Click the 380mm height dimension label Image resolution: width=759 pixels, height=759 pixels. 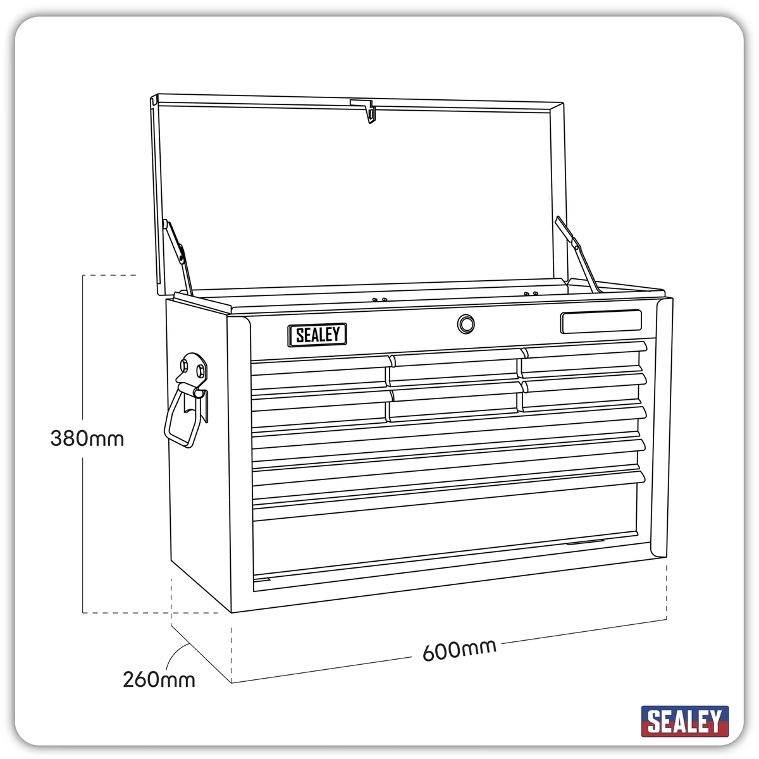click(87, 438)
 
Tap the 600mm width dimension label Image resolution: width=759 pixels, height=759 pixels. click(459, 650)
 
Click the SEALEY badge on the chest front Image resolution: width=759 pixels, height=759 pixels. click(317, 335)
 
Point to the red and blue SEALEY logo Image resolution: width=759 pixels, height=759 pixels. click(684, 721)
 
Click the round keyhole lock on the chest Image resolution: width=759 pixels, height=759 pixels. click(466, 324)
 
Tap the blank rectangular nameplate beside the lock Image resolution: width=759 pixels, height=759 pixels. click(601, 321)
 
